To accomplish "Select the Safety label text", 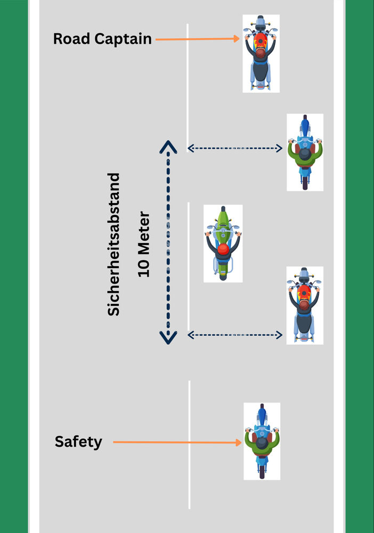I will click(78, 442).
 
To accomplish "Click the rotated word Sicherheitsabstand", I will click(114, 244).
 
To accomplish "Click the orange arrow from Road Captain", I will click(197, 39).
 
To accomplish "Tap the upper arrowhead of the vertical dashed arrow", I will click(168, 147).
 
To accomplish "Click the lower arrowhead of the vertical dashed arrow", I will click(168, 338).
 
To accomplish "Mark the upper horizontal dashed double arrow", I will click(235, 149).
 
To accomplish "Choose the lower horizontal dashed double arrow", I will click(235, 335).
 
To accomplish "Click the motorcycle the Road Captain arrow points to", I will click(261, 53).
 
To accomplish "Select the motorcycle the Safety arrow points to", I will click(262, 441).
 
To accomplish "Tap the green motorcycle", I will click(223, 243).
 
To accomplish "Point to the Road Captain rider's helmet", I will click(260, 52).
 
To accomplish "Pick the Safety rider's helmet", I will click(262, 444).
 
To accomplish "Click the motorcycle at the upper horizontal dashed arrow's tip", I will click(305, 152).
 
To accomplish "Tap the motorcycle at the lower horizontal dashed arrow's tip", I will click(304, 305).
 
